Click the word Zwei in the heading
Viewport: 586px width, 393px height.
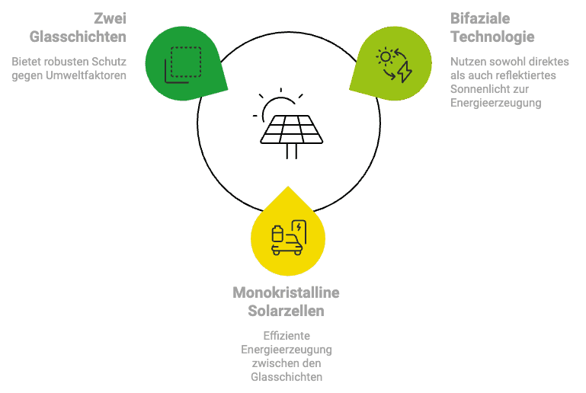110,18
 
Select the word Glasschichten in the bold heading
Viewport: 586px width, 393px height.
78,37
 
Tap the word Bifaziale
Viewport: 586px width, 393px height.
480,18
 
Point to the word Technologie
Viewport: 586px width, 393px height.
492,37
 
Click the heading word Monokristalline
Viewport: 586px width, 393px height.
286,292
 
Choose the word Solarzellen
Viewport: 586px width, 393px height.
286,311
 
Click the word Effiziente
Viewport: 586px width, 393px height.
287,336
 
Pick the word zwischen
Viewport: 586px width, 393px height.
273,363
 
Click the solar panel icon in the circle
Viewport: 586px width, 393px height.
292,136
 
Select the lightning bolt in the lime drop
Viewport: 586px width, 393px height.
405,72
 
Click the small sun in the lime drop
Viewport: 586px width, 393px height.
386,57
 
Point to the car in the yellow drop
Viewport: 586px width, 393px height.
288,244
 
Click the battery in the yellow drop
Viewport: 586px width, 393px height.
277,234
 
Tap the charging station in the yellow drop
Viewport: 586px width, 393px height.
299,231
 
